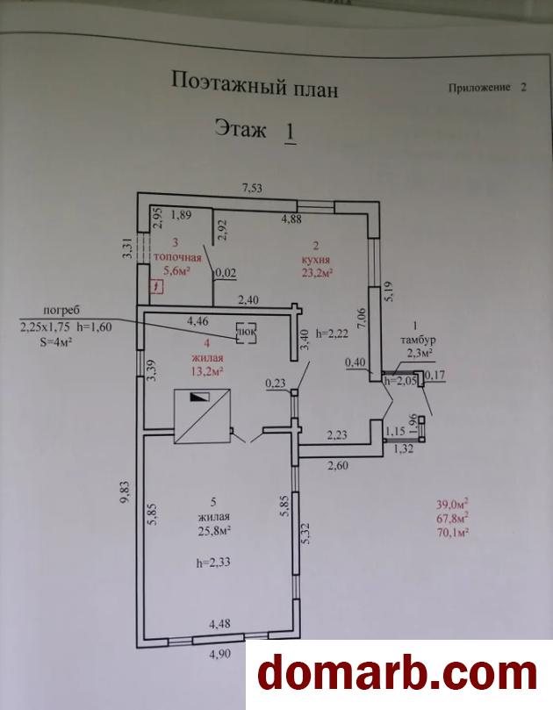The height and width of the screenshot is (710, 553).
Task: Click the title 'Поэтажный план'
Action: (x=255, y=84)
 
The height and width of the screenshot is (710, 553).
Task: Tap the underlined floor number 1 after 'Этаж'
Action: (x=291, y=133)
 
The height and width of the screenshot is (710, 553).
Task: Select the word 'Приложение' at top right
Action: (x=479, y=88)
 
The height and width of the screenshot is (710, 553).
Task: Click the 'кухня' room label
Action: (x=316, y=260)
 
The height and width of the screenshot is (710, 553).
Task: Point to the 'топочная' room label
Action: (x=177, y=258)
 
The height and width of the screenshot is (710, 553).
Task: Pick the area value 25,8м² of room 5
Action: (x=214, y=530)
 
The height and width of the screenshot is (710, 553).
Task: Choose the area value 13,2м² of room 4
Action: (x=207, y=371)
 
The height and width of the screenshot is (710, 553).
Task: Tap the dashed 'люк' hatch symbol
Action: (x=247, y=333)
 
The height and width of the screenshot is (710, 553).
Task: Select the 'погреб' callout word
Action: (x=62, y=310)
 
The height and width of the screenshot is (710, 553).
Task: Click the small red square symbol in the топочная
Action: (x=157, y=287)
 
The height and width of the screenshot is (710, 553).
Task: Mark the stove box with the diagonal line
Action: (x=203, y=416)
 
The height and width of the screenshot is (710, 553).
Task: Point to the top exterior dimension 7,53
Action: (x=252, y=188)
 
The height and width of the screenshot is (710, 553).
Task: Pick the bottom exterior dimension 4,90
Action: (x=219, y=654)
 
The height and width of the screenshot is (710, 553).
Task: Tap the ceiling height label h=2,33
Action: (x=213, y=563)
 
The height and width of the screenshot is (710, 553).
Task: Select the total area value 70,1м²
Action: (x=452, y=533)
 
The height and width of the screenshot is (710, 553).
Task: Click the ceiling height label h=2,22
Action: (x=333, y=333)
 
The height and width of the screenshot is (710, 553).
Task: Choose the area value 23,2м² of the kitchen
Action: (x=317, y=272)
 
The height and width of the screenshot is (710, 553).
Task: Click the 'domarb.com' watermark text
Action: (x=397, y=675)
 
